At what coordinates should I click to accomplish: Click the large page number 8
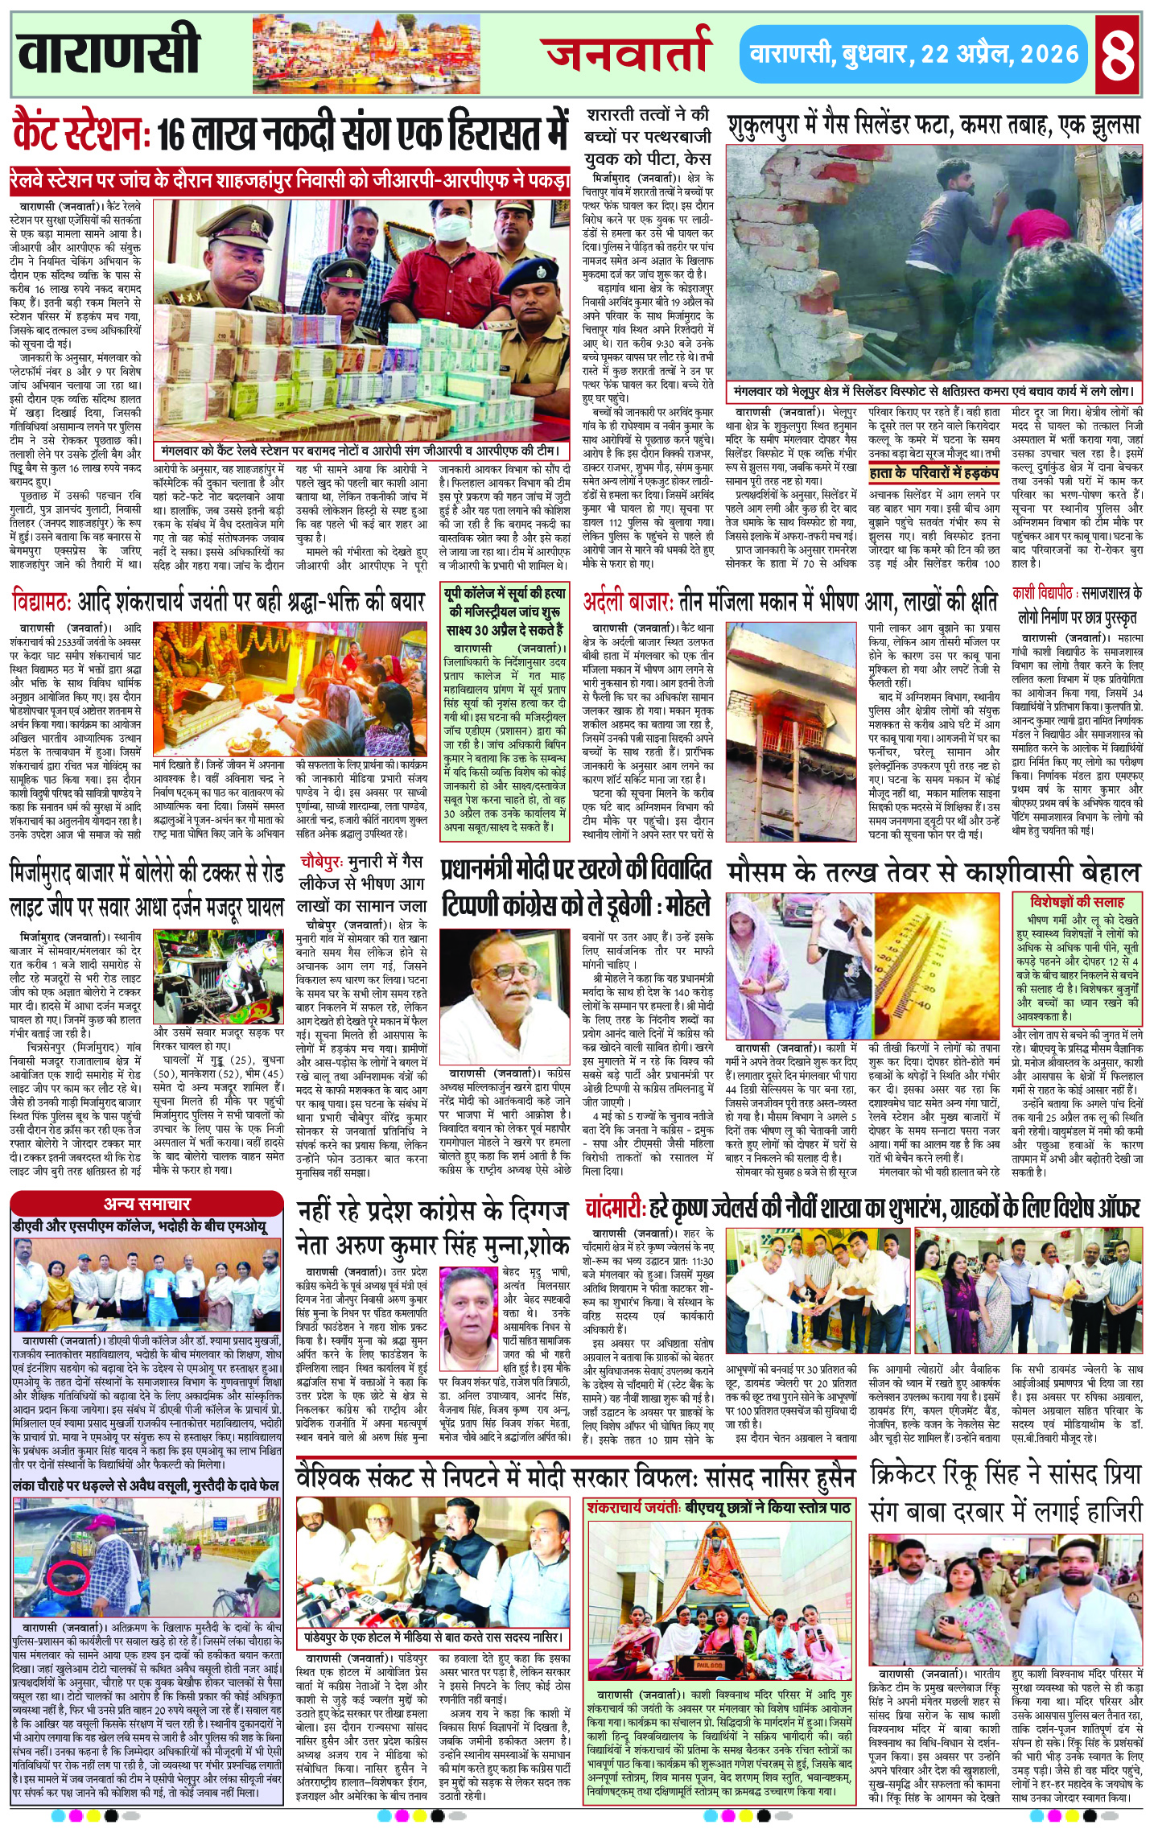click(1119, 54)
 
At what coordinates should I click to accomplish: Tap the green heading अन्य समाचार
click(146, 1205)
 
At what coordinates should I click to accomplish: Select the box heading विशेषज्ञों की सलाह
click(1078, 902)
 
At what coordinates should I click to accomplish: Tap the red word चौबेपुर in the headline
click(322, 862)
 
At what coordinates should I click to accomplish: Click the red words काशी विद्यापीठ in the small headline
click(1043, 593)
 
